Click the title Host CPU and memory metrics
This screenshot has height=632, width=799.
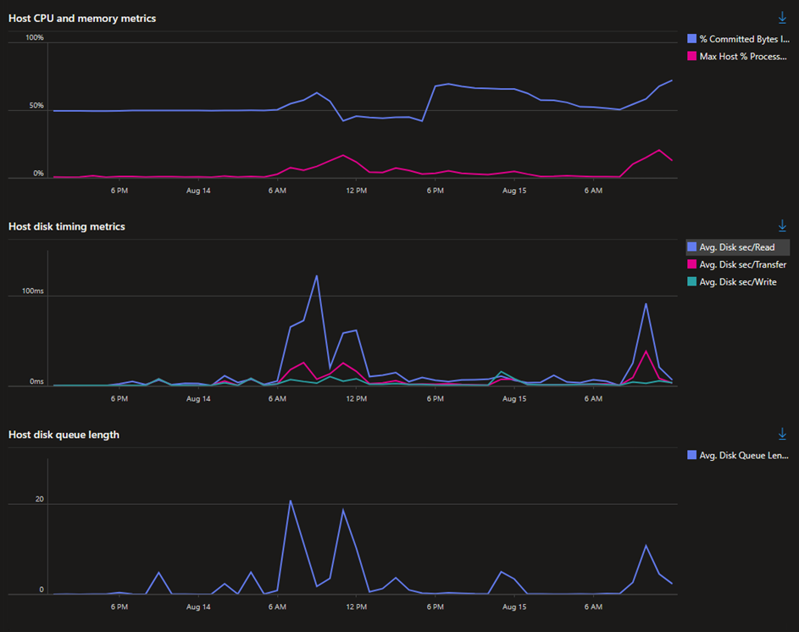[82, 18]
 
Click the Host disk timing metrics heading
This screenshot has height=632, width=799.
[67, 226]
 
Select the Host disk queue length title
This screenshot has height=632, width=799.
[64, 435]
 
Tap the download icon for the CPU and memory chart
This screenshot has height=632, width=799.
[782, 18]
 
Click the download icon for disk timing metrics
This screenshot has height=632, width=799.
[782, 225]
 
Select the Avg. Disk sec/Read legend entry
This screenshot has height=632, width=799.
[736, 247]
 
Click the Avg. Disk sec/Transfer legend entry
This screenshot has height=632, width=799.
[742, 264]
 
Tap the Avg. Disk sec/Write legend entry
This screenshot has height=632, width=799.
[737, 282]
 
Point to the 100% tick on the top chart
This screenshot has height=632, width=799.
[35, 37]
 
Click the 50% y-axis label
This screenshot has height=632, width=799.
[37, 106]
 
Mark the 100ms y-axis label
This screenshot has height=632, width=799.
[32, 291]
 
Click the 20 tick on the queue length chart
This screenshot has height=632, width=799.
[39, 499]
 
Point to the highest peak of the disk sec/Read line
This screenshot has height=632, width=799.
[317, 275]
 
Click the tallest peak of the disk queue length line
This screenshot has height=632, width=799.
[290, 501]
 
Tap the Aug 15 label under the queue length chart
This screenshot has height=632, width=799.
[514, 607]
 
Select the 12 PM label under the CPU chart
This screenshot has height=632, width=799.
[357, 191]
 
